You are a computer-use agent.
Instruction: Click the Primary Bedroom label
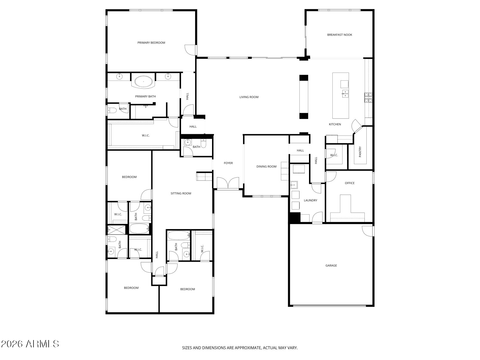coord(151,43)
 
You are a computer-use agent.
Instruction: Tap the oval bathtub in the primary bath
coord(144,82)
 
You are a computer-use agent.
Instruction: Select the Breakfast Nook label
coord(339,35)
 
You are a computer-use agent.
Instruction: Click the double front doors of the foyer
coord(228,183)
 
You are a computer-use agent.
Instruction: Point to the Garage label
coord(331,265)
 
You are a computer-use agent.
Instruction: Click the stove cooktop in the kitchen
coord(368,97)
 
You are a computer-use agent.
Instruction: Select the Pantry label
coord(360,152)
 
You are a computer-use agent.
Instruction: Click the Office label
coord(350,183)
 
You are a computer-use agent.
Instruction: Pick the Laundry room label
coord(310,201)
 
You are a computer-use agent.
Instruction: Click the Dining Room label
coord(266,166)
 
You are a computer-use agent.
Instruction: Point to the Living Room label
coord(249,97)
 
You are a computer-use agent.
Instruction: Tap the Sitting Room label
coord(181,193)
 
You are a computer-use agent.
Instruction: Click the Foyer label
coord(228,163)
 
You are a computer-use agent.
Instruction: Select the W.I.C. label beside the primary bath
coord(145,136)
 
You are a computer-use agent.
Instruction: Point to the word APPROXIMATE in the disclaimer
coord(247,348)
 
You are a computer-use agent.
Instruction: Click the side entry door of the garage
coord(367,231)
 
